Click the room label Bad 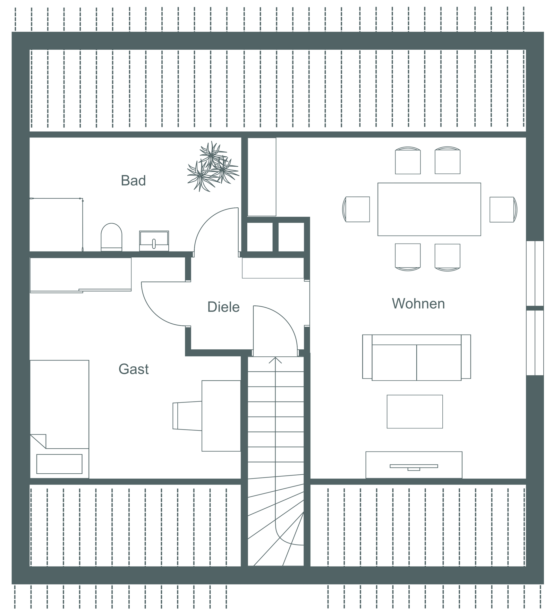point(133,181)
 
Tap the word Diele point(224,307)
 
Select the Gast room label point(133,369)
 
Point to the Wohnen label point(418,303)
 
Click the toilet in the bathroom point(111,237)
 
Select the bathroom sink point(154,241)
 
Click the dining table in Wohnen point(429,209)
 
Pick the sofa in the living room point(416,357)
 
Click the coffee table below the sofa point(415,411)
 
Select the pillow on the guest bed point(59,464)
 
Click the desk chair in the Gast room point(187,416)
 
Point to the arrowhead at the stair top point(275,360)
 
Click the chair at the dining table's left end point(356,209)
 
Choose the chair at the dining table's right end point(503,210)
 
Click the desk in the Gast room point(221,416)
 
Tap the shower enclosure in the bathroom point(56,225)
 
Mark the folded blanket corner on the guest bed point(38,441)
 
